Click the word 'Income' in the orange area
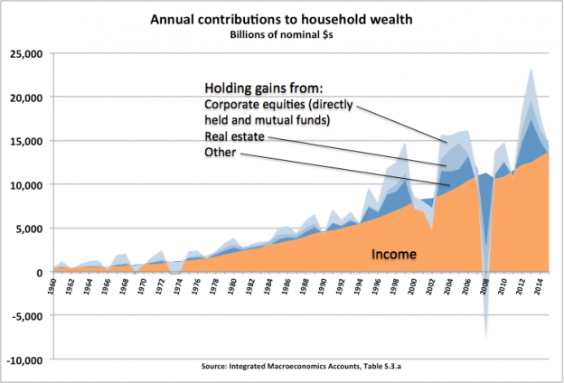(394, 254)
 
